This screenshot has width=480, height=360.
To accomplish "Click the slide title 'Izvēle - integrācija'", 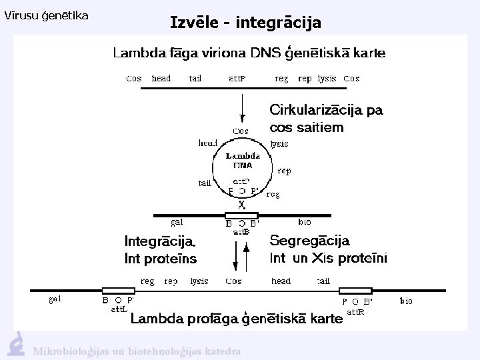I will pos(245,23).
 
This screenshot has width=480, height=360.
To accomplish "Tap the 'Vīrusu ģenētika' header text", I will pos(47,15).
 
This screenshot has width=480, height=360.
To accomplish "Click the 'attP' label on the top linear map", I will pos(237,79).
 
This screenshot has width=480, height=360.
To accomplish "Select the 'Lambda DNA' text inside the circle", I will pos(242,160).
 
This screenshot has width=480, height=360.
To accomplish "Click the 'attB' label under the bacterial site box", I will pos(241,232).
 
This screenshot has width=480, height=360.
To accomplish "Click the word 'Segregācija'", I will pos(309,240).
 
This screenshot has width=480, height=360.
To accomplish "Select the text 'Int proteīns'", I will pos(161,257).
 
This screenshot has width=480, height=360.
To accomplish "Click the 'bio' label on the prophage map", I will pos(406,301).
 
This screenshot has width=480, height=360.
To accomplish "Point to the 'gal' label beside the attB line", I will pos(178,222).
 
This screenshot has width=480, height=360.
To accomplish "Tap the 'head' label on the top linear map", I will pos(161,78).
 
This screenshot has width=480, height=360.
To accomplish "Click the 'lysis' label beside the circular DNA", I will pos(279,143).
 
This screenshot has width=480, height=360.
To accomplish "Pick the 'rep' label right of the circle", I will pos(284,171).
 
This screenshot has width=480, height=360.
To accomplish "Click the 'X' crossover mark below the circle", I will pos(241,205).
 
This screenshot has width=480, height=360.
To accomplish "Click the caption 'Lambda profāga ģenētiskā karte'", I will pos(236,319).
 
